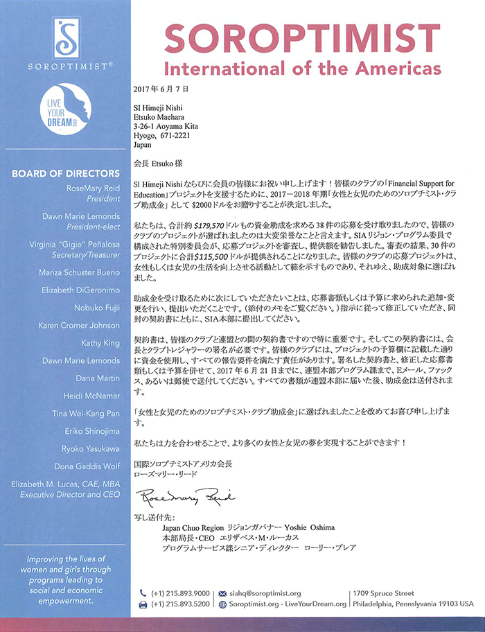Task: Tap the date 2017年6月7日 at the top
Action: tap(160, 90)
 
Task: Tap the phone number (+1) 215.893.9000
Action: tap(178, 593)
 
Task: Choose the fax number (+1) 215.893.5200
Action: tap(178, 604)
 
